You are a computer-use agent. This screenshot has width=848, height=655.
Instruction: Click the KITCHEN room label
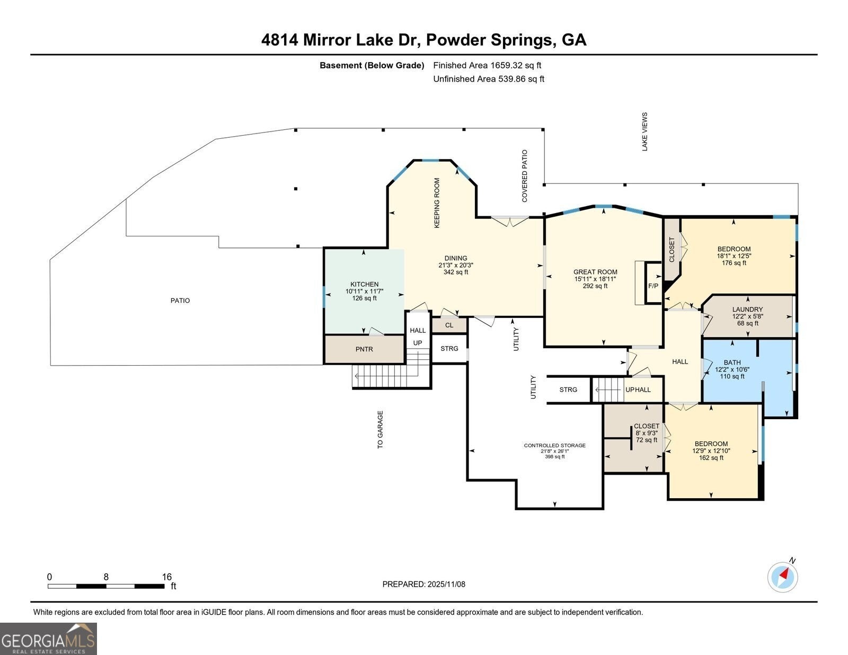364,285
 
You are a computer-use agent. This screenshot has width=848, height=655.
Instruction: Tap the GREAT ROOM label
595,272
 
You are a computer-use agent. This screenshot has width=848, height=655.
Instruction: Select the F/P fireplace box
653,286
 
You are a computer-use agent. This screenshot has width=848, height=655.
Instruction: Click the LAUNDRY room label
747,309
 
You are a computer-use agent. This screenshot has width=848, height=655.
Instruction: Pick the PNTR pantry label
364,349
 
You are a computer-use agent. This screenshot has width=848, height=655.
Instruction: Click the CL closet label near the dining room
449,325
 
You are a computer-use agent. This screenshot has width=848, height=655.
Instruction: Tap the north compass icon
783,577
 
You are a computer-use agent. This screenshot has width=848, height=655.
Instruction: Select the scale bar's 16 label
167,577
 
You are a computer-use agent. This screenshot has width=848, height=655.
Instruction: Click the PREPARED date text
423,584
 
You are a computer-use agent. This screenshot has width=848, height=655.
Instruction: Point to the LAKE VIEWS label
645,131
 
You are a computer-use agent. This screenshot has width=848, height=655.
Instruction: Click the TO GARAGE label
380,430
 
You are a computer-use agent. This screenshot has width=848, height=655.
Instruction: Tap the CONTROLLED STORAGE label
554,445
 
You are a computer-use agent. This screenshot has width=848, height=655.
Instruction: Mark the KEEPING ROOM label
437,203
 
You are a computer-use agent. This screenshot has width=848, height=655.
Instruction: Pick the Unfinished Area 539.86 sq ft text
489,79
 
